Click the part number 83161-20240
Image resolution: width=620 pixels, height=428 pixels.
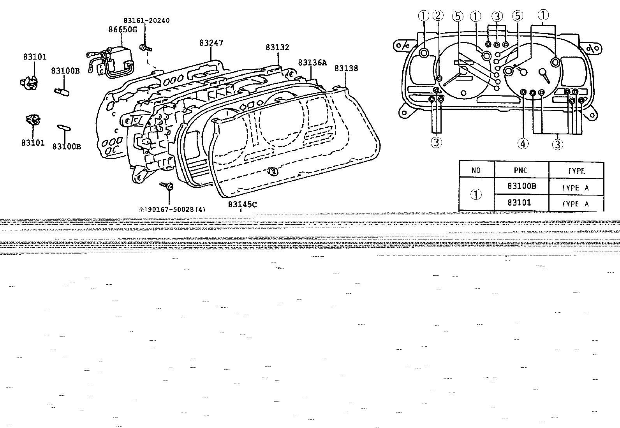(x=146, y=21)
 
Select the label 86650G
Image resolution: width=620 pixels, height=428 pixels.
(x=123, y=30)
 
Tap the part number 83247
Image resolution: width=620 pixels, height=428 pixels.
(x=211, y=42)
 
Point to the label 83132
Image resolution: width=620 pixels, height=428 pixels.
(x=277, y=48)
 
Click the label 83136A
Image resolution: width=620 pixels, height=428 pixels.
(x=312, y=63)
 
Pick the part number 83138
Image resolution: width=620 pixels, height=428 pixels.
(x=346, y=68)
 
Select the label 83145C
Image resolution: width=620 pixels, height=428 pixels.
(x=243, y=204)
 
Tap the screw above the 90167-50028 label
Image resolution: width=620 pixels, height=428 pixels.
(x=167, y=186)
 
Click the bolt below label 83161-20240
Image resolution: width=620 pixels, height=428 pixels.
(x=145, y=48)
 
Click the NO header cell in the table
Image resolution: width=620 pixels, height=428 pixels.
(x=476, y=170)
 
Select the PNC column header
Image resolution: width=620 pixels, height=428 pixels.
(x=521, y=170)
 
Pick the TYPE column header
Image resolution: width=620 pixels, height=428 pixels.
(x=576, y=171)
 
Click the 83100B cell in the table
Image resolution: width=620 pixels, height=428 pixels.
(x=522, y=186)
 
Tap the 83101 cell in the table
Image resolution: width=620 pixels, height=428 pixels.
(x=519, y=203)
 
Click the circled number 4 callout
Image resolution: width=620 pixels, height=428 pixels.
(x=523, y=144)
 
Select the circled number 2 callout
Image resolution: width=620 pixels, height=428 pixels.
(x=438, y=16)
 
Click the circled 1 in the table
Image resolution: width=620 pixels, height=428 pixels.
(x=476, y=194)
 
